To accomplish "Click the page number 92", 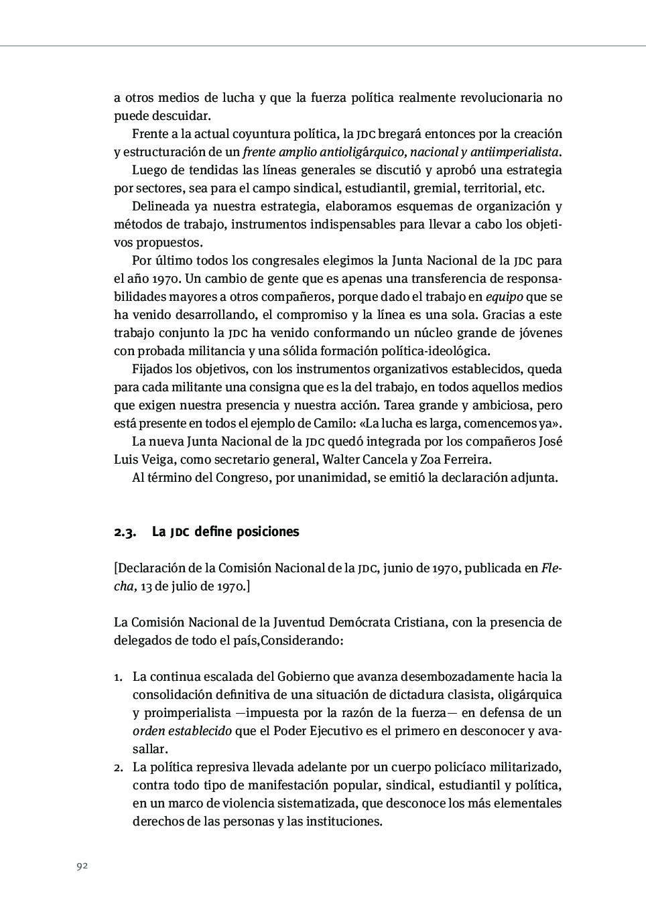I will coord(82,866).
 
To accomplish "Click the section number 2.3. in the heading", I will coord(125,532).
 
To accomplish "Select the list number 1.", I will coord(117,677).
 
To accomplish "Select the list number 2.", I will coord(117,767).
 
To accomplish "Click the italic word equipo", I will coord(504,297).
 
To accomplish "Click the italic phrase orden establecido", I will coord(182,731).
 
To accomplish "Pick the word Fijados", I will coord(151,369).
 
